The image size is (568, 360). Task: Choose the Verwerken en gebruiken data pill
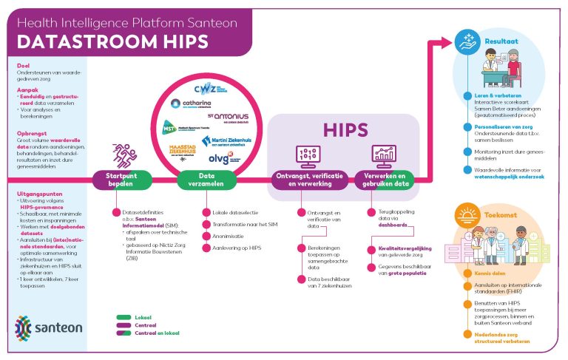pos(384,180)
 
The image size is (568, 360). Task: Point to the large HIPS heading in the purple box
pos(345,130)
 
